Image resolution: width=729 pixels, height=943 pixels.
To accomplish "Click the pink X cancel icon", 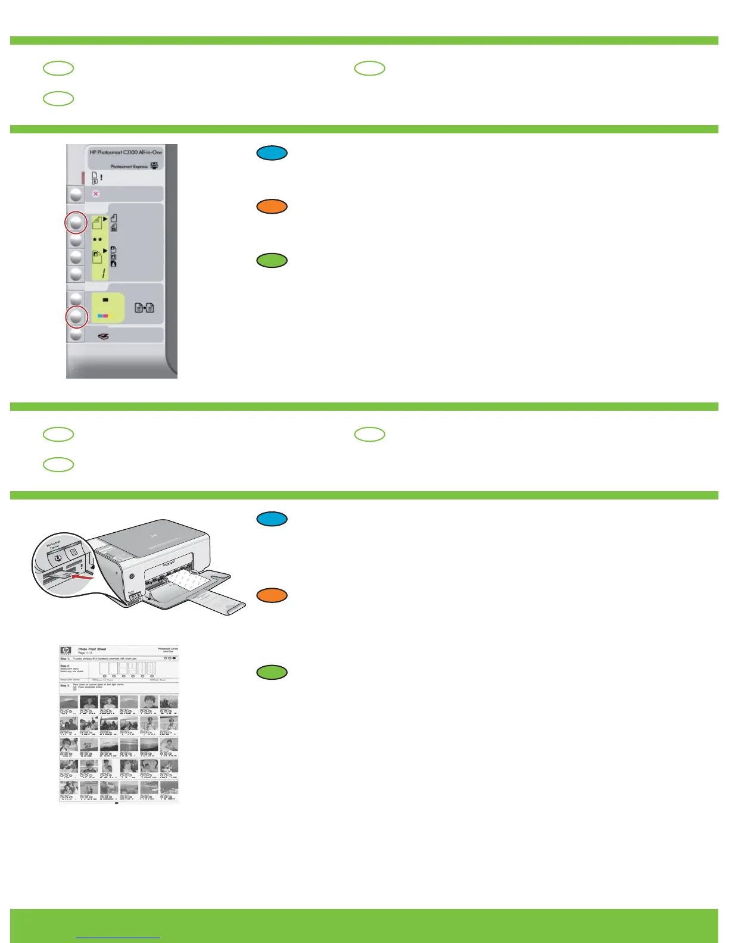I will (96, 193).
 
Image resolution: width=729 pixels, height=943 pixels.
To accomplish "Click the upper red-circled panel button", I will (76, 223).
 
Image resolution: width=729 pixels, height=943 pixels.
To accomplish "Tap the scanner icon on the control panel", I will (103, 336).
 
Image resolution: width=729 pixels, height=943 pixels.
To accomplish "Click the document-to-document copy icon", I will (144, 308).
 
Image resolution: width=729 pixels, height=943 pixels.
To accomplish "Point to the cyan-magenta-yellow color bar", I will (105, 316).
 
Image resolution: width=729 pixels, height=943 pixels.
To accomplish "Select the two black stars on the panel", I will (96, 239).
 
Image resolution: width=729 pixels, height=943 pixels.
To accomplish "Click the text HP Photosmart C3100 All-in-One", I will (126, 152).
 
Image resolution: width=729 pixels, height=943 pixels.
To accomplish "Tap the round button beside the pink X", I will (76, 195).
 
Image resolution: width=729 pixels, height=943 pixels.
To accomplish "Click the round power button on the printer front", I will (130, 576).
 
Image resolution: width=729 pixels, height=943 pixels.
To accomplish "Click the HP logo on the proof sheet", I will (66, 651).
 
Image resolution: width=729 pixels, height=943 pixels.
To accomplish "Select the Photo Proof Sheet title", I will (92, 649).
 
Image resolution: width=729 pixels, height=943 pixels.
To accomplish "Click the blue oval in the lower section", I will (272, 519).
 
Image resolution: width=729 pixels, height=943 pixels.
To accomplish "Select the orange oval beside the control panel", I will (272, 207).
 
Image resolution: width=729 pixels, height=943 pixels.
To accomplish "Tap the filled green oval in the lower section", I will (272, 672).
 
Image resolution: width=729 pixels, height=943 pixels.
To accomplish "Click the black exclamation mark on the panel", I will (101, 177).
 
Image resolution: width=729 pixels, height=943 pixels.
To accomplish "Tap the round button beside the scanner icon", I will (76, 335).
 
